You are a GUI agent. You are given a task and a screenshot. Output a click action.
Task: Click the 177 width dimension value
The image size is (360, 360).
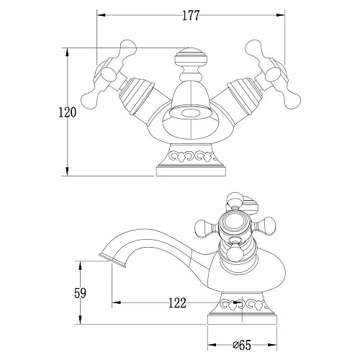(x=191, y=16)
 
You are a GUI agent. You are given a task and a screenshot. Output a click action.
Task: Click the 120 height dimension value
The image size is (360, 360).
(x=68, y=112)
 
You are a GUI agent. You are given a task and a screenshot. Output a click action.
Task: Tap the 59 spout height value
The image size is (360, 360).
(x=80, y=293)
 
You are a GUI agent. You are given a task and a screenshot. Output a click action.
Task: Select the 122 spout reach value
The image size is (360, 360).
(x=177, y=303)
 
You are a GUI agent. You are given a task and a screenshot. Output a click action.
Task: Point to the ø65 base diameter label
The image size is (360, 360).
(x=242, y=346)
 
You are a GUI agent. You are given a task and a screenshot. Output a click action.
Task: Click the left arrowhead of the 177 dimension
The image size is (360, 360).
(x=101, y=15)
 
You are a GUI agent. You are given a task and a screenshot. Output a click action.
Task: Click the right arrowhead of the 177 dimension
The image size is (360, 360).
(x=280, y=15)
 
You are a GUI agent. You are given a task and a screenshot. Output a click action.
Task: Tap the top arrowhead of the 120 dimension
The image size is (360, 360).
(x=68, y=53)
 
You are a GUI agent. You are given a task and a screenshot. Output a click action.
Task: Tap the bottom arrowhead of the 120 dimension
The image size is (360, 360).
(x=68, y=171)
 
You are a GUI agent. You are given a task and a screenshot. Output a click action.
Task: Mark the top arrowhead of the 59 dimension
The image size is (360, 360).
(x=81, y=266)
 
